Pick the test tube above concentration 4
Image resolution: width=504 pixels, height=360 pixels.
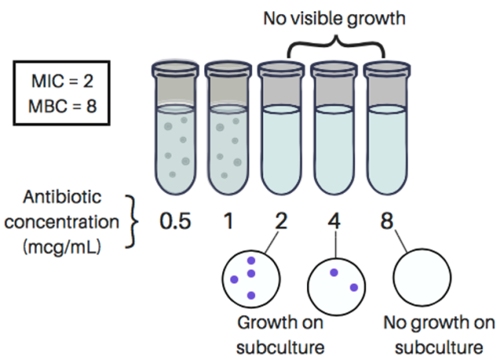point(336,130)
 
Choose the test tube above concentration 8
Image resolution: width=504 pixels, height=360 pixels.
point(390,130)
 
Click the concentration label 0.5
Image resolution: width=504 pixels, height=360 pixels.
point(175,221)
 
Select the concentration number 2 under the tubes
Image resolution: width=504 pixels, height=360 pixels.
point(281,221)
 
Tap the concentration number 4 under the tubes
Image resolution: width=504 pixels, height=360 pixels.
point(335,221)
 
